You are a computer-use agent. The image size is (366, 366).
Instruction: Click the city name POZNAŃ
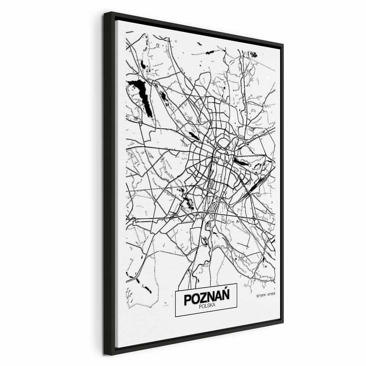[206, 298]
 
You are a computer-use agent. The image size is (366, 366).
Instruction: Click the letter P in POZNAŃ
[188, 299]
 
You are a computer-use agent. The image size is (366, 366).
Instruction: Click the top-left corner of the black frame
[104, 13]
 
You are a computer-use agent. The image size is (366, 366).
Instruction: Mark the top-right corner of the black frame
[283, 45]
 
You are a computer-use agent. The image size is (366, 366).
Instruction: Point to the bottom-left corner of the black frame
[105, 354]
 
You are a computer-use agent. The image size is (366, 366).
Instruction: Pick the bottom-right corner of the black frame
[283, 322]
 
